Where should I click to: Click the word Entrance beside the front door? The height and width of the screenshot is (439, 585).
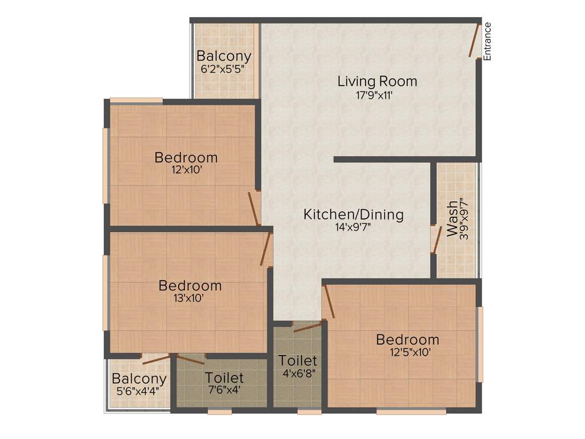[487, 41]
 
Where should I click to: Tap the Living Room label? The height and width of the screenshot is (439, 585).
[377, 81]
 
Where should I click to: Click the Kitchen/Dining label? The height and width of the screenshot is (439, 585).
[353, 215]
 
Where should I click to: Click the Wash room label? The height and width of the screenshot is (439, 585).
[452, 219]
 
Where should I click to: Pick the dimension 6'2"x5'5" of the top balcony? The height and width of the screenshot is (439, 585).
[224, 69]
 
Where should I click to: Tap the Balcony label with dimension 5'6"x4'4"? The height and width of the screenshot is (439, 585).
[139, 378]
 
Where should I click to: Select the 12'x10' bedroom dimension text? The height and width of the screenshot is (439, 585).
[186, 170]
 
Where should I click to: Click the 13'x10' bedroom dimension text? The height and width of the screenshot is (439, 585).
[190, 298]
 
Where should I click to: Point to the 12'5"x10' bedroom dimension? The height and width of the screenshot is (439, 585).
[407, 353]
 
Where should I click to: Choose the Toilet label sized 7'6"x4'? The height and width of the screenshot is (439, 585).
[225, 378]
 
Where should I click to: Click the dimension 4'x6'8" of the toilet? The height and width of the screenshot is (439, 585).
[298, 374]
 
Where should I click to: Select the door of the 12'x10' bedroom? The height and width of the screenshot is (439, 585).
[254, 209]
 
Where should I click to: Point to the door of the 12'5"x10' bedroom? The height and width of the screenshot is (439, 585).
[328, 302]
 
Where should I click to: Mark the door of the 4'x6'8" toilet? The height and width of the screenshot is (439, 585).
[307, 328]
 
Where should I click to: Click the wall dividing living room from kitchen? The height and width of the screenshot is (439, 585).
[405, 159]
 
